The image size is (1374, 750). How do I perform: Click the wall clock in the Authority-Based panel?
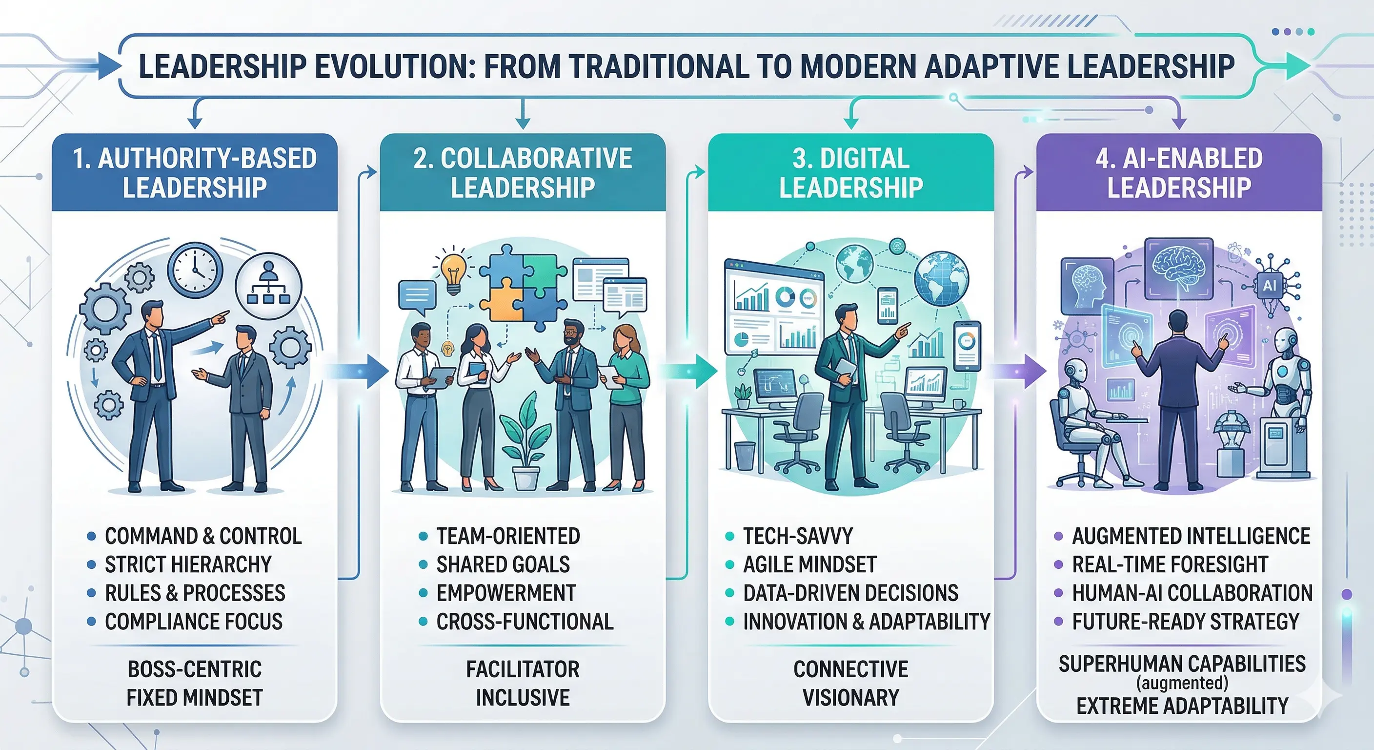coord(195,270)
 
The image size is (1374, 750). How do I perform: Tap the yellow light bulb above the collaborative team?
coord(452,271)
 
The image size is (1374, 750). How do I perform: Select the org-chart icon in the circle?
coord(269,286)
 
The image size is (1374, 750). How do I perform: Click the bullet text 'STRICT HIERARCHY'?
coord(188,564)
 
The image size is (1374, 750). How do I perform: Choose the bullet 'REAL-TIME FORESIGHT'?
coord(1170,564)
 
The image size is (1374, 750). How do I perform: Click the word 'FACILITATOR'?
coord(523,669)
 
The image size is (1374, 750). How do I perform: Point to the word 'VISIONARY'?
coord(851,698)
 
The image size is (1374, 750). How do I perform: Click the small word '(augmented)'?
coord(1182,683)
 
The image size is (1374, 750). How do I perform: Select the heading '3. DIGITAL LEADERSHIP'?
coord(851,172)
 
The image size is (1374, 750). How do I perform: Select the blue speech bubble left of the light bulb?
coord(417,297)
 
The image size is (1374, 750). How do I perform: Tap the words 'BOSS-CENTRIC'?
coord(195,669)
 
